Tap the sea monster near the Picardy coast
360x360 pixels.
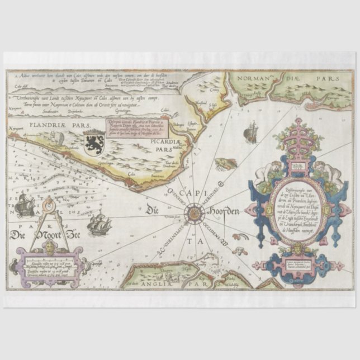click(x=222, y=164)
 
